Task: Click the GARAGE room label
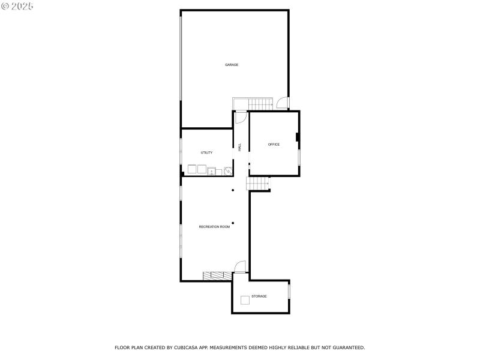[232, 65]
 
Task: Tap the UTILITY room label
[206, 152]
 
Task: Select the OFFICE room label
[274, 145]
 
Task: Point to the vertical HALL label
[240, 147]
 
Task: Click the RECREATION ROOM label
[214, 227]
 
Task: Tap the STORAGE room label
[259, 296]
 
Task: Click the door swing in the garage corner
[283, 104]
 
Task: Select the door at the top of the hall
[240, 116]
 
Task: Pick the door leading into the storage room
[239, 268]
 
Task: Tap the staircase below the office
[257, 184]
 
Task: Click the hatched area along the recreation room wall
[217, 276]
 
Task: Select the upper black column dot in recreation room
[233, 191]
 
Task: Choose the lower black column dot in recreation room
[233, 223]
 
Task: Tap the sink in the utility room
[228, 171]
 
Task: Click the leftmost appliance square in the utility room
[192, 170]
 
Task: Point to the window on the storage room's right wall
[289, 291]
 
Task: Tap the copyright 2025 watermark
[17, 6]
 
